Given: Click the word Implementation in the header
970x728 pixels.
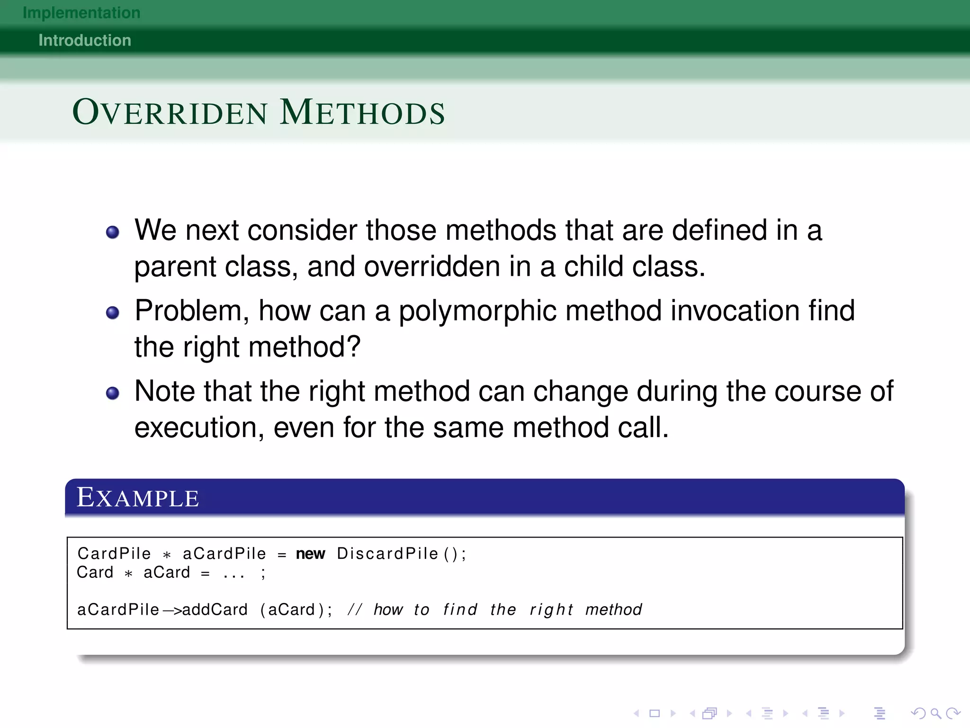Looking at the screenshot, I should point(81,13).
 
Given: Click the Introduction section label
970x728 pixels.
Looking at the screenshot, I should point(85,40).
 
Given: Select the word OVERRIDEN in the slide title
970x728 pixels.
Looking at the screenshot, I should point(170,112).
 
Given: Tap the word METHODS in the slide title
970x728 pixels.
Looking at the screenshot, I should point(362,112).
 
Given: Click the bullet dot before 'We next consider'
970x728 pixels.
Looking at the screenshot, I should point(112,232).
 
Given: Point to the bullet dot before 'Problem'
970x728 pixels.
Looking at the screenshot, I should point(112,313).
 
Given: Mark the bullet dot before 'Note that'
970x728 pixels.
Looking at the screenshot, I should point(112,393).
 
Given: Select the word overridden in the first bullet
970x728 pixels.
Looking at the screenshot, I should point(432,267).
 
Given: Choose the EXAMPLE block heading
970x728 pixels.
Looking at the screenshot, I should point(138,498).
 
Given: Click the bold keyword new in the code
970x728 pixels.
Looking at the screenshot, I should point(310,554).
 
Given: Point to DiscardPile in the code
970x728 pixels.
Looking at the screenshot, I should point(387,554).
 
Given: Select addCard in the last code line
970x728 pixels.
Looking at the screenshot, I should point(215,610).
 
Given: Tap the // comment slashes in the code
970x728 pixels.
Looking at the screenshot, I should point(354,610).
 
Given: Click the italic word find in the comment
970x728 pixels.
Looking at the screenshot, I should point(460,610).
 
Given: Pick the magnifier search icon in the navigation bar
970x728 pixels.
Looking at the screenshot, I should point(935,713).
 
